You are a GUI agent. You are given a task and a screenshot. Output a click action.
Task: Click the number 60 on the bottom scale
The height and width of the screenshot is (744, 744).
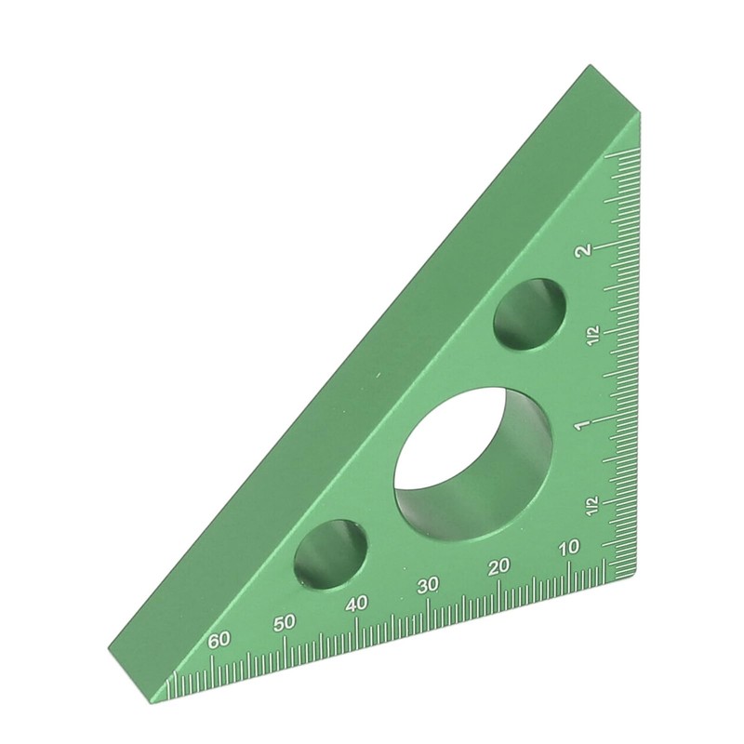tap(219, 640)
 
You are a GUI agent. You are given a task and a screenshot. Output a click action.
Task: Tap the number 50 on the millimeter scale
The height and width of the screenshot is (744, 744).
tap(286, 621)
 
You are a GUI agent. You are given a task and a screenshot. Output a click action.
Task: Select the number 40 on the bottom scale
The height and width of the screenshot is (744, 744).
tap(356, 604)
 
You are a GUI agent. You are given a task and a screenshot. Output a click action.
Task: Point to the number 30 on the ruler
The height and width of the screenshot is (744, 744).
tap(428, 585)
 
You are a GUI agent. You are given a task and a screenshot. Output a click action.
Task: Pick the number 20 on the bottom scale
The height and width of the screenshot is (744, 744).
tap(499, 566)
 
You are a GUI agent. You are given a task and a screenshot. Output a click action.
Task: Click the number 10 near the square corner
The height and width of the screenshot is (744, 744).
tap(568, 549)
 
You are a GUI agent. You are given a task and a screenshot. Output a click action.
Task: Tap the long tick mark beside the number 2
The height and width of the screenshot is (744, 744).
tap(621, 246)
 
